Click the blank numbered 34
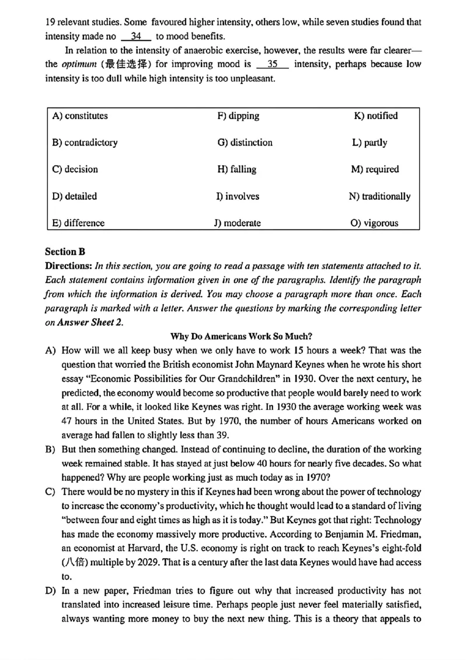(x=135, y=36)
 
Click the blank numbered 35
(x=272, y=64)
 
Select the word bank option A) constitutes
(x=80, y=116)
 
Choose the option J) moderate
(x=239, y=223)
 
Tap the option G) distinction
(x=245, y=143)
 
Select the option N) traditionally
(x=379, y=196)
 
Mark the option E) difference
(x=78, y=223)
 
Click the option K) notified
(x=375, y=116)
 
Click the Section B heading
(x=65, y=252)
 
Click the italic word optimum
(x=78, y=64)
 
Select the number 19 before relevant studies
(x=50, y=22)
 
